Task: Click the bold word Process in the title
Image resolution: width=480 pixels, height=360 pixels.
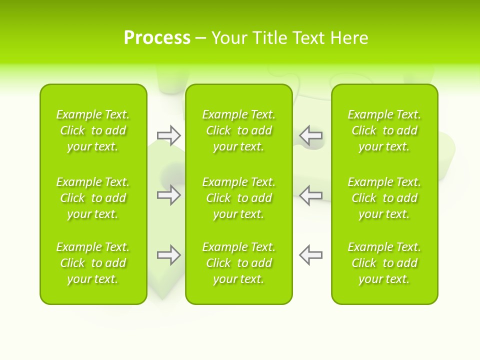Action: point(157,38)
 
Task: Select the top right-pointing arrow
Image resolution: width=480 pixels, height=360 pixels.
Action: point(169,135)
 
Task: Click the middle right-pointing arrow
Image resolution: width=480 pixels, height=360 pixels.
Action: point(169,195)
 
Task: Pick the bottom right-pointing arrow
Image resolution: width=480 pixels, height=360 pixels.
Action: point(169,255)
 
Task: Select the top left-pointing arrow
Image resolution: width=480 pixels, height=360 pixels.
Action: point(310,135)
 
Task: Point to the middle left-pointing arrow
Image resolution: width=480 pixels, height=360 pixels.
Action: point(310,195)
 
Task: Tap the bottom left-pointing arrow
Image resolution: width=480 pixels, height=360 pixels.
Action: point(310,255)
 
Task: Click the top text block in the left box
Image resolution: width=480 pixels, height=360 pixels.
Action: point(93,130)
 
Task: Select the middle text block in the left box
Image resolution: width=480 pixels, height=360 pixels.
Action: point(93,198)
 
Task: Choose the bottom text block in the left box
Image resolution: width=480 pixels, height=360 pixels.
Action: point(93,263)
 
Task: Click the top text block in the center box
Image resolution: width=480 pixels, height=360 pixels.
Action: point(239,130)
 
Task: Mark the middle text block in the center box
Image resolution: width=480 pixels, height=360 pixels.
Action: point(239,198)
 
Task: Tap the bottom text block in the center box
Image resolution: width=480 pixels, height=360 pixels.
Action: point(239,263)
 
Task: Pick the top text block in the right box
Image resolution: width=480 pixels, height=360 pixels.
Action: point(384,130)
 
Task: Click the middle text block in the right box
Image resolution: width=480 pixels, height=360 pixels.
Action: point(384,198)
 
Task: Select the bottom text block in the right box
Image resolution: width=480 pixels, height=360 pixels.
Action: point(384,263)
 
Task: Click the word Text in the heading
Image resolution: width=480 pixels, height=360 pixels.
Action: point(309,38)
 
